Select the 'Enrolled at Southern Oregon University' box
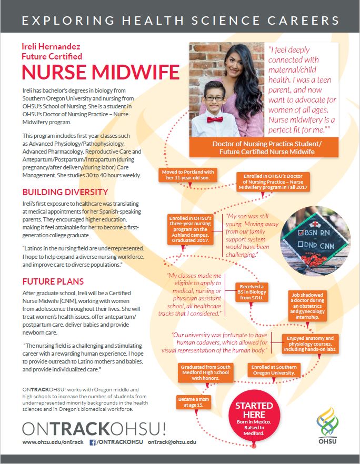tap(274, 370)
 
